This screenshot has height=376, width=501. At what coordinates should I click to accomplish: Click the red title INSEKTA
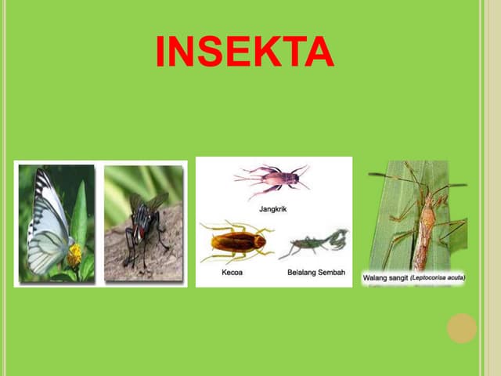click(244, 52)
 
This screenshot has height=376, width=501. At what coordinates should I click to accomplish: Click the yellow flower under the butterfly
click(74, 255)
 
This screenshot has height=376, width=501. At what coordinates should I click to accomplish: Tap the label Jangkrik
click(272, 208)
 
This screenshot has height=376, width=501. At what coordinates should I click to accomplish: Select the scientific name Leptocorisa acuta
click(438, 277)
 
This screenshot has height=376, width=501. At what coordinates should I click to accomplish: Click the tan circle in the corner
click(462, 328)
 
